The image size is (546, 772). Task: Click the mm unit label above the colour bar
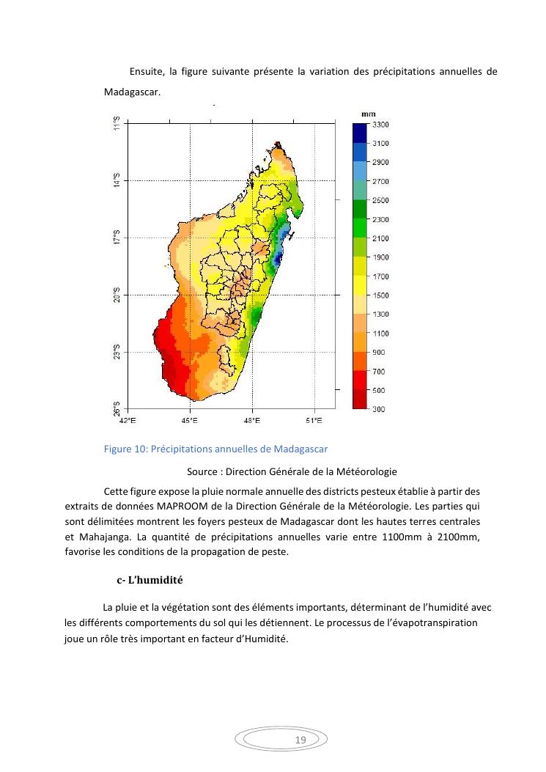[369, 114]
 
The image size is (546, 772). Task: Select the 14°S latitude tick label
[116, 180]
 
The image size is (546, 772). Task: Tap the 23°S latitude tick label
[116, 352]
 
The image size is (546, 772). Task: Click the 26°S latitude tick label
[116, 408]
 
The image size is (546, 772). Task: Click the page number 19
[300, 740]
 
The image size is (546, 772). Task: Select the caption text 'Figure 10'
[126, 449]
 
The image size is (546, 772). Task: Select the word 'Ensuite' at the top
[146, 72]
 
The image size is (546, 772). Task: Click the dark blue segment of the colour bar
[360, 133]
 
